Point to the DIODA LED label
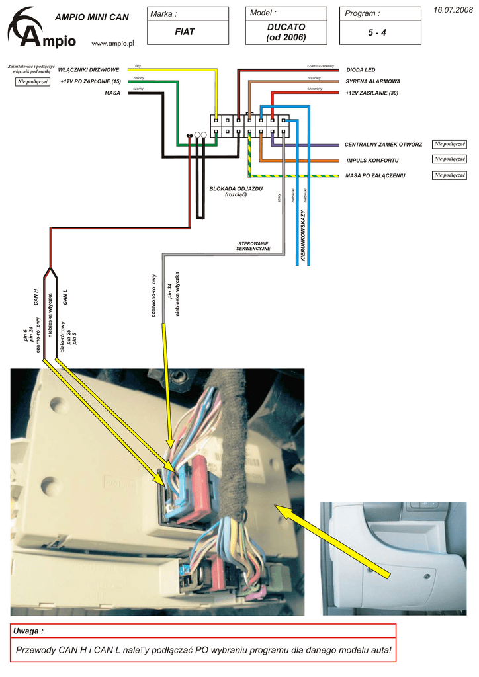click(x=361, y=69)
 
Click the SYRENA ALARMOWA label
click(x=372, y=81)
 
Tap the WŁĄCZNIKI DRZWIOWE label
click(x=89, y=69)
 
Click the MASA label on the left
click(x=112, y=93)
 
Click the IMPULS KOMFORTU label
click(x=372, y=161)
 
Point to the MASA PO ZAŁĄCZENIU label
click(x=375, y=175)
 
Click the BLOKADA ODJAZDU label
click(x=236, y=189)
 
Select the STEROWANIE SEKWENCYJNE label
click(x=254, y=246)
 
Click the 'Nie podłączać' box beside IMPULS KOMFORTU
click(x=450, y=159)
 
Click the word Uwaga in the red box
click(x=28, y=631)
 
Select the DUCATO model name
click(x=286, y=27)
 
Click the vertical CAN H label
click(x=36, y=298)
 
